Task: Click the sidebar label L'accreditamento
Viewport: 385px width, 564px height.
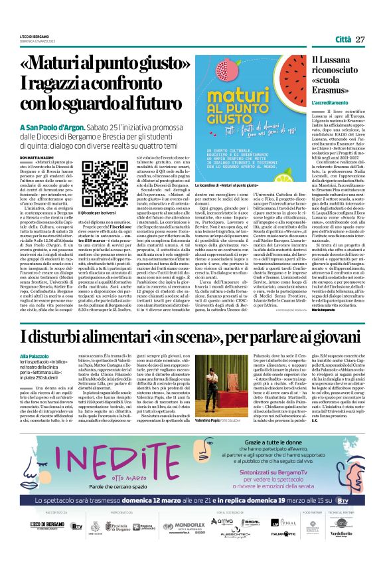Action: coord(329,104)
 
